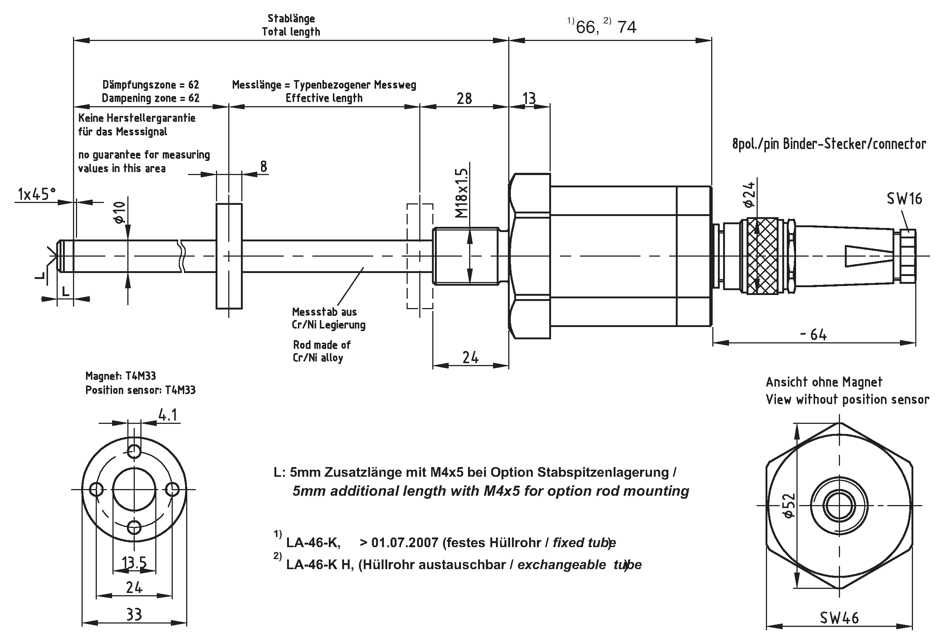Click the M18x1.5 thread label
point(462,193)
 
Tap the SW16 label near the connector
point(904,199)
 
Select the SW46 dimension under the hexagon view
point(839,618)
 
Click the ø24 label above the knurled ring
point(750,194)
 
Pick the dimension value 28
point(464,98)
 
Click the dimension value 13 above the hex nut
point(529,98)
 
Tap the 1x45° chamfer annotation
point(36,194)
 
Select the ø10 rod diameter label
point(119,212)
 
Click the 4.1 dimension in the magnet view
point(168,415)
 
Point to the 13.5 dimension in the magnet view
point(134,563)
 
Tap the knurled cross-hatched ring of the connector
point(763,256)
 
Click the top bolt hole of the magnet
point(134,451)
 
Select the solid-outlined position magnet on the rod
point(229,256)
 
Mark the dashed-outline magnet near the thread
point(420,256)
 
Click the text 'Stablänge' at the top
point(291,18)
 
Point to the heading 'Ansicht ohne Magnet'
point(824,382)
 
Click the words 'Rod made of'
point(322,345)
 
